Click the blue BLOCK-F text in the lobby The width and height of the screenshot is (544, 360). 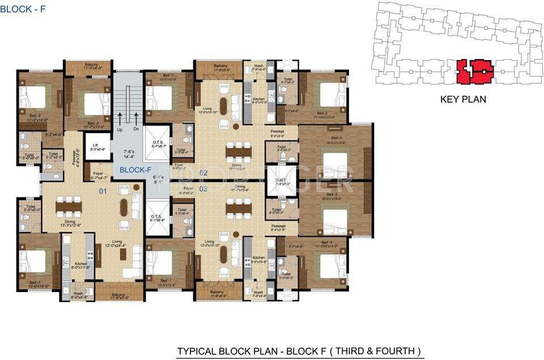[x=131, y=169]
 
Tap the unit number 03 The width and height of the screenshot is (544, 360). [x=203, y=188]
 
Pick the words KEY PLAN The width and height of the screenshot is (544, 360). [x=463, y=99]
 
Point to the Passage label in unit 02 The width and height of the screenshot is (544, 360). [x=277, y=132]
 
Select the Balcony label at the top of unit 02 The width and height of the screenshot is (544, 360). [x=220, y=66]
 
